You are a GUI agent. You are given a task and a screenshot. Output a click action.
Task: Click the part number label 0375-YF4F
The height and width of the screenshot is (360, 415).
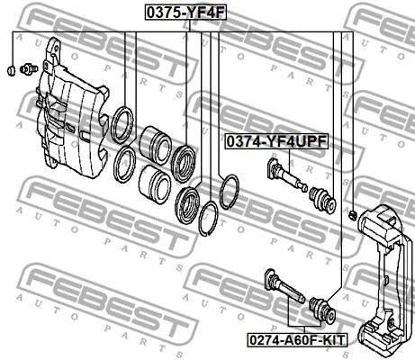pos(185,13)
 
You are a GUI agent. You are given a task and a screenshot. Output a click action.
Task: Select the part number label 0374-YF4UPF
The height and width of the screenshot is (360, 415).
pos(276,141)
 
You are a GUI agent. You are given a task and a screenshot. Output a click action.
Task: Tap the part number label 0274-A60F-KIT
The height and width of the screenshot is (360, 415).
pos(297,340)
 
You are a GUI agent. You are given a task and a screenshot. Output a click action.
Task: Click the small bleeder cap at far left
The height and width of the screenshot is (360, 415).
pos(12,70)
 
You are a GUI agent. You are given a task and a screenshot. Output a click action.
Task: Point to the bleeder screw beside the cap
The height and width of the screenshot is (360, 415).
pos(29,68)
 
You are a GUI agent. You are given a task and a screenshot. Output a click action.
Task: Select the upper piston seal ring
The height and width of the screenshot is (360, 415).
pos(122,124)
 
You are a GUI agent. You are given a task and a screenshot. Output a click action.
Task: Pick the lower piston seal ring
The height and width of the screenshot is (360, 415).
pos(125,164)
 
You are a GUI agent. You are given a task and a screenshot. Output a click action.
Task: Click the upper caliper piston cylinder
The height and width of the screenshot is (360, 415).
pos(156,146)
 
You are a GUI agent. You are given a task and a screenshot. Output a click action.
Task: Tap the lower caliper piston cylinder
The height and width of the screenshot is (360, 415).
pos(155,184)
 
